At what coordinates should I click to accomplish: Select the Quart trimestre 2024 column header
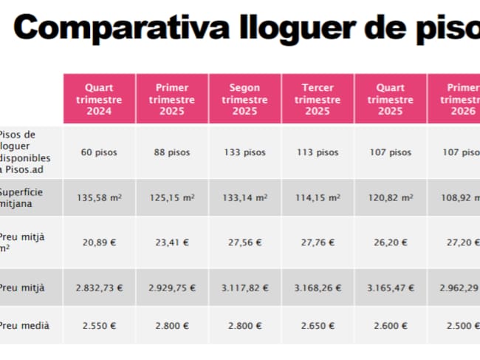[99, 99]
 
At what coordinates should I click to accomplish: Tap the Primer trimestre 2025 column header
[172, 99]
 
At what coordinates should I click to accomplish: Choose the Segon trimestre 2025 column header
[244, 99]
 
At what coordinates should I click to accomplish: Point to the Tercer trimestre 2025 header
[318, 99]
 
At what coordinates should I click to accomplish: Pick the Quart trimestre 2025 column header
[390, 99]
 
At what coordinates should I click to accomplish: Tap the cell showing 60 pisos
[99, 152]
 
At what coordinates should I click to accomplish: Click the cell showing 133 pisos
[244, 152]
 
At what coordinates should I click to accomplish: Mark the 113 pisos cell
[318, 152]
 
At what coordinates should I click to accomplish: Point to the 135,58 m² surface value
[99, 198]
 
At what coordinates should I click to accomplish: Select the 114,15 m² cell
[318, 198]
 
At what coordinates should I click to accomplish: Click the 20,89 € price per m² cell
[99, 242]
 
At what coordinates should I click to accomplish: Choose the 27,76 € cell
[318, 242]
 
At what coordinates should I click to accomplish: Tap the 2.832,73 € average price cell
[99, 288]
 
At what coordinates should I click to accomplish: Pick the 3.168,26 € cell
[318, 288]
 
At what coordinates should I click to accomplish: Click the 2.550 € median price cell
[99, 325]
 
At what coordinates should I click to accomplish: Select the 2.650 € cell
[318, 325]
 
